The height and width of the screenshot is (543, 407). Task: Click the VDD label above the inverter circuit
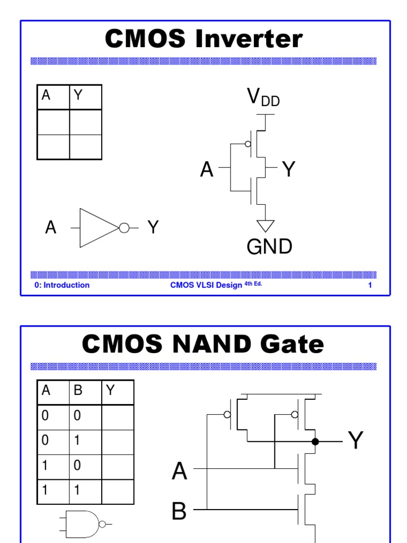coord(263,98)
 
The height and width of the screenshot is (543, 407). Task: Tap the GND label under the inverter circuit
coord(269,247)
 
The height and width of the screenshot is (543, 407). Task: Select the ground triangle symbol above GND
coord(266,225)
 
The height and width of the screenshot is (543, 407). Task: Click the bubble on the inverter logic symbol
coord(124,228)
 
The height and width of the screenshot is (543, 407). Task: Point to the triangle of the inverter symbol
coord(97,228)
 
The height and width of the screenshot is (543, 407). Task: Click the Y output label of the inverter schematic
coord(289,170)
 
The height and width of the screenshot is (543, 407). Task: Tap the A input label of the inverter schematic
coord(207,170)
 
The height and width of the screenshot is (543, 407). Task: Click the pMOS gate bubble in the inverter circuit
coord(247,144)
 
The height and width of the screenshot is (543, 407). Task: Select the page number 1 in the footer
coord(370,285)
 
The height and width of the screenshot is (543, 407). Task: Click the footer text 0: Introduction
coord(62,285)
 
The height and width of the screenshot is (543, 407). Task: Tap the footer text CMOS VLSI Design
coord(206,285)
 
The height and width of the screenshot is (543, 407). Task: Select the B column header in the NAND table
coord(78,391)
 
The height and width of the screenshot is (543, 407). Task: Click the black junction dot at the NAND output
coord(315,441)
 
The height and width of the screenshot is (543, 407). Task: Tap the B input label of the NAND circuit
coord(179,512)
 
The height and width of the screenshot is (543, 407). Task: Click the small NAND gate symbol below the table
coord(85,524)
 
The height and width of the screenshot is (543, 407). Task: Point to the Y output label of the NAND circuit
coord(355,441)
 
